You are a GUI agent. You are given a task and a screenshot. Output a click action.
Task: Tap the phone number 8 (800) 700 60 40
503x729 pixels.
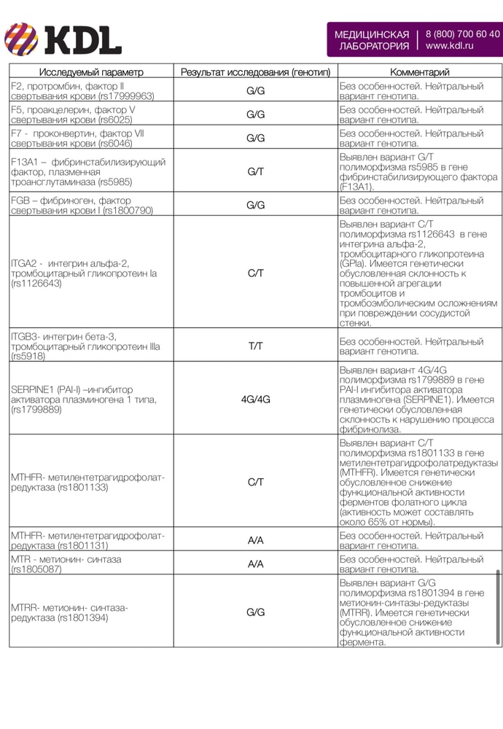click(x=462, y=34)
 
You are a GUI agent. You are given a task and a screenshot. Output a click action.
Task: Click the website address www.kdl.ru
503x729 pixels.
click(x=450, y=45)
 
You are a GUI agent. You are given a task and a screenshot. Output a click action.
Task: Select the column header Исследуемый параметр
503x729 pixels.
click(x=91, y=72)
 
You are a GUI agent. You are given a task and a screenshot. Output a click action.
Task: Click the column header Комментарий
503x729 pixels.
click(x=420, y=72)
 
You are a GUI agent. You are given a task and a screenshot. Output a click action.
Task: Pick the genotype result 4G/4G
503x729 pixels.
click(x=255, y=399)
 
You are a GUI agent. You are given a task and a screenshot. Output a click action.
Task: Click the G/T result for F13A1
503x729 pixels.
click(x=255, y=171)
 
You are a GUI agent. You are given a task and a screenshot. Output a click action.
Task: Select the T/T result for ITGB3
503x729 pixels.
click(x=255, y=346)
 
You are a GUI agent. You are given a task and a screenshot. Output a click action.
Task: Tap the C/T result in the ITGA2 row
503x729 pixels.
click(x=255, y=273)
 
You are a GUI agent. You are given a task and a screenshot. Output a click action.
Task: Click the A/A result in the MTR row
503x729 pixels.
click(x=255, y=564)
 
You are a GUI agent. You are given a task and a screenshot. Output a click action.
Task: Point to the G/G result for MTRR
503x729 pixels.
click(x=255, y=612)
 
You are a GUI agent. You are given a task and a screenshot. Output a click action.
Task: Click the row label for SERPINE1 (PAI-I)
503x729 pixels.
click(x=84, y=399)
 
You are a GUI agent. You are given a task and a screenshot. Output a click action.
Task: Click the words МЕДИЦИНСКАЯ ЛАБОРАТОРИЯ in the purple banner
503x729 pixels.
click(x=371, y=39)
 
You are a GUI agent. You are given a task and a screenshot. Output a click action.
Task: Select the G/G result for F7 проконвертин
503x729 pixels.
click(x=255, y=138)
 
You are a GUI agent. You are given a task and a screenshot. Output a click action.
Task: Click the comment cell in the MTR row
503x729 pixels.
click(x=411, y=564)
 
